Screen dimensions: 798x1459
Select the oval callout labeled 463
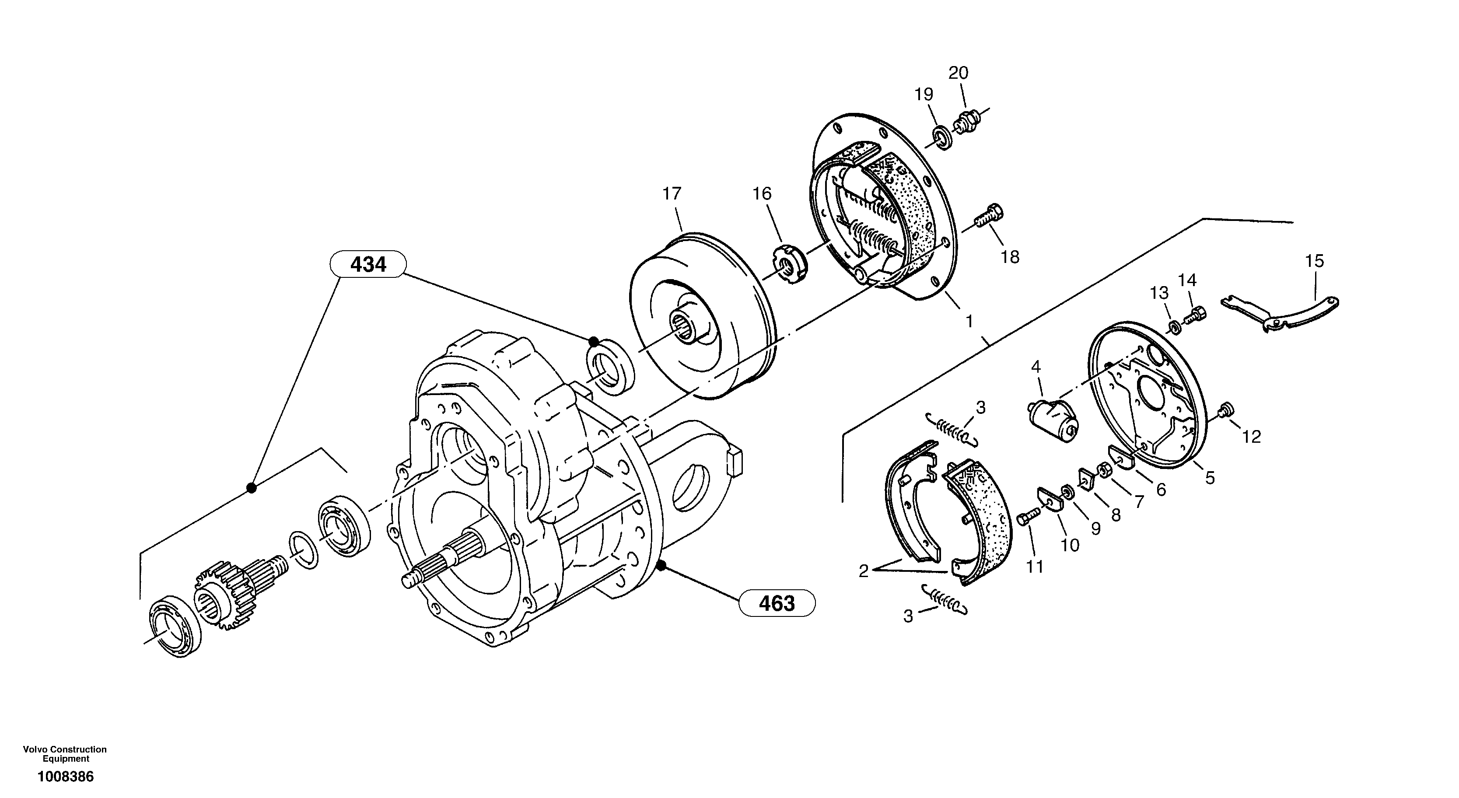pyautogui.click(x=777, y=603)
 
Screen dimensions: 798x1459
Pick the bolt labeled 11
pyautogui.click(x=1028, y=517)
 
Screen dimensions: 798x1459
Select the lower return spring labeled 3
pyautogui.click(x=945, y=598)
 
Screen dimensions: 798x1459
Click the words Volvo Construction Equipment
pyautogui.click(x=65, y=754)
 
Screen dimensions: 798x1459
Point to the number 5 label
pyautogui.click(x=1210, y=477)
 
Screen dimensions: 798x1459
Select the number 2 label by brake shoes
pyautogui.click(x=863, y=571)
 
